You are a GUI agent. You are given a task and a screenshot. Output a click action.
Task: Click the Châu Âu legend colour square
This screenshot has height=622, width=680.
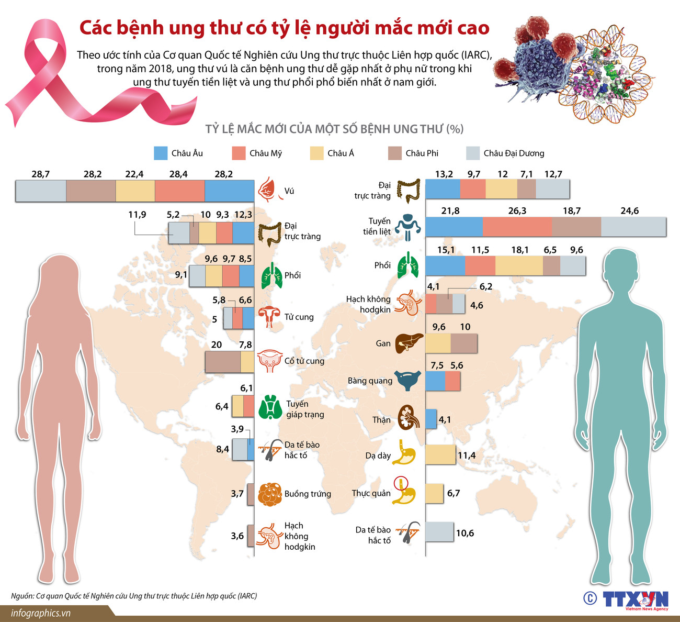point(161,153)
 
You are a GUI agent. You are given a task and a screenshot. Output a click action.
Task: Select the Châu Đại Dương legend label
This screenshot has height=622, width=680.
point(514,153)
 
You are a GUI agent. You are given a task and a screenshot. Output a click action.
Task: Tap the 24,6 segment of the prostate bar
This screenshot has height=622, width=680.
point(633,227)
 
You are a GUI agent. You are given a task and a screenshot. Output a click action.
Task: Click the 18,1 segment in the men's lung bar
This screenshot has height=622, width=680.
point(519,266)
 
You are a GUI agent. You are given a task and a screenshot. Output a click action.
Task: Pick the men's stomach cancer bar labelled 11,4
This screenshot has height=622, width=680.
point(440,454)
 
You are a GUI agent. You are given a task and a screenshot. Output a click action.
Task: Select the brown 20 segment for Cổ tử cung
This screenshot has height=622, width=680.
point(222,362)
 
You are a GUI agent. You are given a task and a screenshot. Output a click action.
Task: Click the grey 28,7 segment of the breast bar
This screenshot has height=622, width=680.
point(41,191)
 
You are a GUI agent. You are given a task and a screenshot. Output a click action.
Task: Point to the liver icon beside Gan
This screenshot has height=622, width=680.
point(409,343)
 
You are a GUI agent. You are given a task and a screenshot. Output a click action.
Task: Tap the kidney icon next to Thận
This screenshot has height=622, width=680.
point(409,418)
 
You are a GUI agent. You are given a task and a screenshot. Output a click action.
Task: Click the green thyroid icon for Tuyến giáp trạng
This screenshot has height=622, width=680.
point(270,407)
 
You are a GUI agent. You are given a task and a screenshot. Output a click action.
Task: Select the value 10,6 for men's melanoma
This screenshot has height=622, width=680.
point(465,533)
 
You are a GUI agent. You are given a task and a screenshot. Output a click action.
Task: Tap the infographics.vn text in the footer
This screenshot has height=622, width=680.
point(41,613)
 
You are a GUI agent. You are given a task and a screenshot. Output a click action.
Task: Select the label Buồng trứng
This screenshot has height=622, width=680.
point(308,494)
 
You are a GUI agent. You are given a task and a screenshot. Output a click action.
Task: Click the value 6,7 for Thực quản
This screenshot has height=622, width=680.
point(454,493)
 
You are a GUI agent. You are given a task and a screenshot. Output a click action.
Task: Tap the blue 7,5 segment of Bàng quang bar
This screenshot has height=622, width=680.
point(435,381)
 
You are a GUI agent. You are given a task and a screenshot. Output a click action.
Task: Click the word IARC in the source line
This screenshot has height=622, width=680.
point(246,596)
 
